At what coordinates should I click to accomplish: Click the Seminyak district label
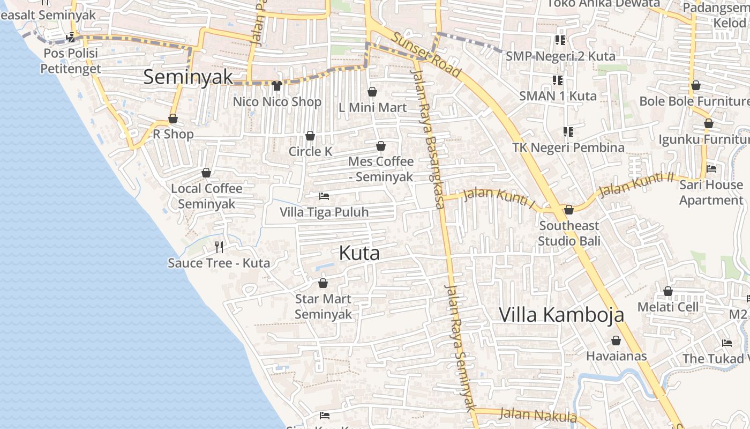(189, 77)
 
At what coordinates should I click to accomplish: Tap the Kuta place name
(359, 253)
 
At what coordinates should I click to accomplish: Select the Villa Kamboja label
(561, 315)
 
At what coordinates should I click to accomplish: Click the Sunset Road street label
(426, 54)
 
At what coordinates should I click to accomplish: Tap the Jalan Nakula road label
(538, 415)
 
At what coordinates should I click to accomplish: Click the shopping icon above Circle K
(310, 136)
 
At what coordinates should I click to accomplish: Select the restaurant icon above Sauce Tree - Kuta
(219, 247)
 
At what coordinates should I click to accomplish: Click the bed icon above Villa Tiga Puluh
(324, 196)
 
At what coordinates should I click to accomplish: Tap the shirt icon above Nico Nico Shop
(276, 85)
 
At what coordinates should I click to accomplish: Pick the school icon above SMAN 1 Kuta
(558, 80)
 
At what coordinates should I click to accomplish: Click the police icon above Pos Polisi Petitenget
(70, 38)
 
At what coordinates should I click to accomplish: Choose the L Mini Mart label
(373, 107)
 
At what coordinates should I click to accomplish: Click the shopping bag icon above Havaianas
(616, 341)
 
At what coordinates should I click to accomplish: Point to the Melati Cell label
(667, 307)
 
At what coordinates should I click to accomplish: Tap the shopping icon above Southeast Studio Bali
(569, 210)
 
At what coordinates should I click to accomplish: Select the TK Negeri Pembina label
(568, 147)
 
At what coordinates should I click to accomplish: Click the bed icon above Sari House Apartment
(711, 168)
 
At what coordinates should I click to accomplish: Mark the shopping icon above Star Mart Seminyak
(323, 283)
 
